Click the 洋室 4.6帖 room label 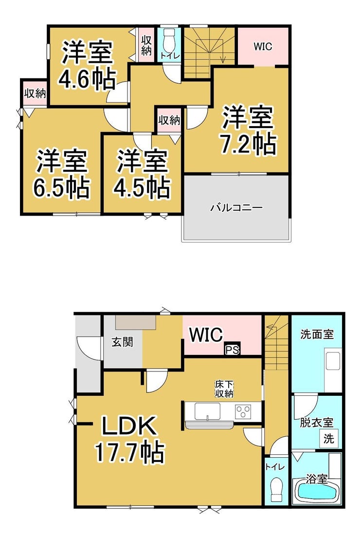pos(87,66)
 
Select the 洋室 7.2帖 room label pos(248,130)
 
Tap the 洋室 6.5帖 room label pos(61,174)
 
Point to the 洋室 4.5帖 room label pos(142,174)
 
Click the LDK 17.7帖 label pos(129,440)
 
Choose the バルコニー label pos(236,207)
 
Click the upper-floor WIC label pos(263,46)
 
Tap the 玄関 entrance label pos(123,342)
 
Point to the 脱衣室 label pos(316,423)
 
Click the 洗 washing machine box pos(329,439)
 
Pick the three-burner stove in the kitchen pos(243,411)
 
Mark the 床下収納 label pos(224,389)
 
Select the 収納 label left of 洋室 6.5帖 pos(35,93)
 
